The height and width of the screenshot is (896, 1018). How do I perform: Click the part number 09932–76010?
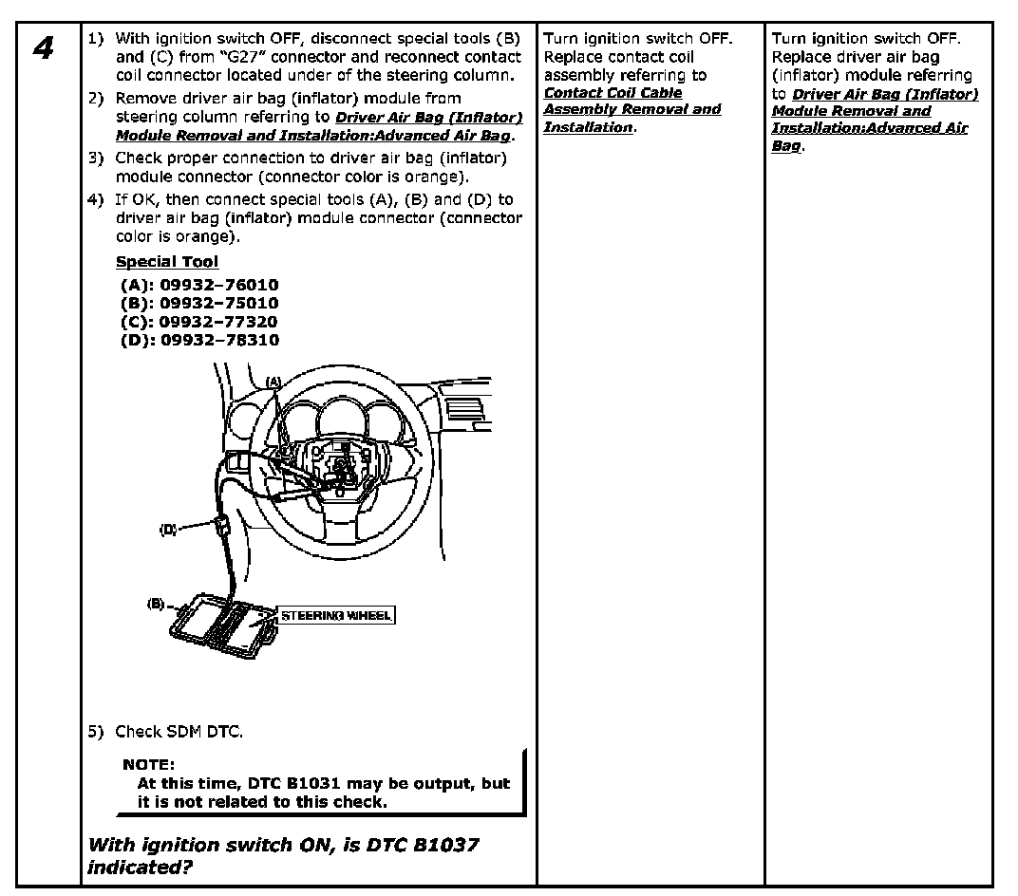pos(219,285)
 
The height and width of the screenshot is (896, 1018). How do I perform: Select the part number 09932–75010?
pos(219,303)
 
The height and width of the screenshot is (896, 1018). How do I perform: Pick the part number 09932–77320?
pos(219,322)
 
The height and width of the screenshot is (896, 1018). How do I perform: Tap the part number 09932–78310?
pos(219,340)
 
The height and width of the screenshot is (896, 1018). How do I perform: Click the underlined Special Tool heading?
pos(167,262)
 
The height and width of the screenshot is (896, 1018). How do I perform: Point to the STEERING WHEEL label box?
pos(335,615)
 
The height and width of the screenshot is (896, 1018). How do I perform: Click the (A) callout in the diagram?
pos(273,382)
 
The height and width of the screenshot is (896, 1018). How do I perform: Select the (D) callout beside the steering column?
pos(168,529)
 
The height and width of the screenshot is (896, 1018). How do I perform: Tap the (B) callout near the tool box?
pos(157,603)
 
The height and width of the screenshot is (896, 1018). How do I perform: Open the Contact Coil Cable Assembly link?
pos(631,109)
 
